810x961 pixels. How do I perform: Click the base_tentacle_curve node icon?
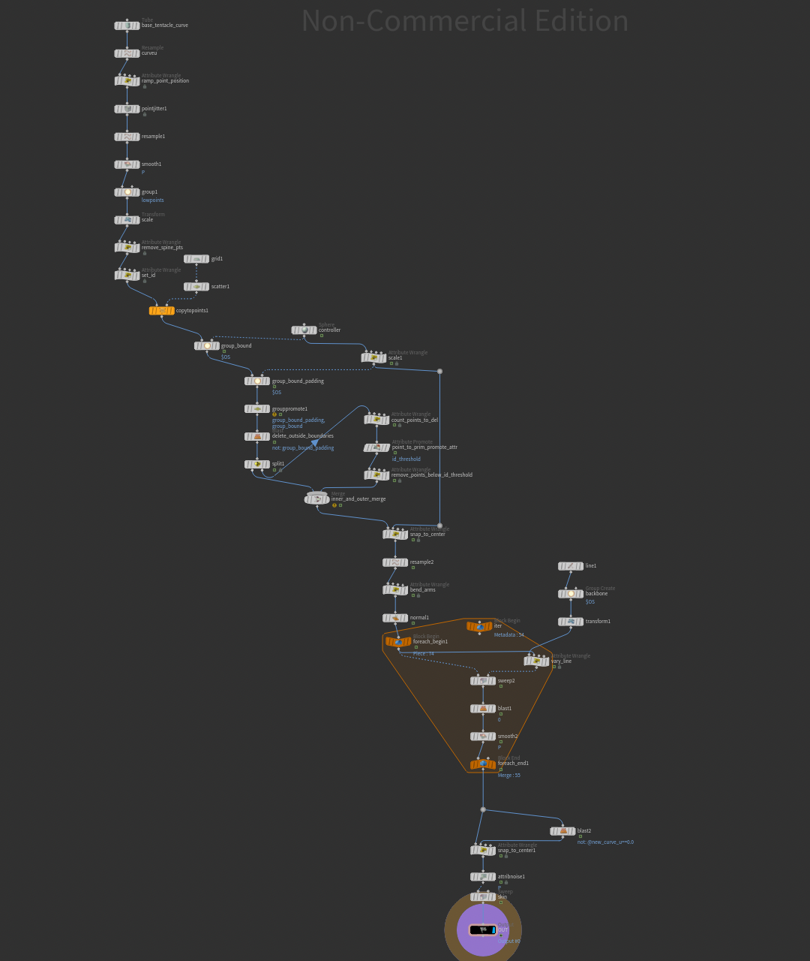click(127, 26)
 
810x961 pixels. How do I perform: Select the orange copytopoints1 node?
click(161, 311)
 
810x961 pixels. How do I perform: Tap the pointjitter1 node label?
click(154, 109)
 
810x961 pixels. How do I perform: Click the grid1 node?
click(196, 259)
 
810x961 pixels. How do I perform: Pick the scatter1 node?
click(196, 287)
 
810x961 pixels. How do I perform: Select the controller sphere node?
click(304, 330)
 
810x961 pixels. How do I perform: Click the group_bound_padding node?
click(257, 381)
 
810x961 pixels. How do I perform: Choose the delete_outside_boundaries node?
click(257, 437)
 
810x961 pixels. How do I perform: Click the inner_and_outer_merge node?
click(317, 499)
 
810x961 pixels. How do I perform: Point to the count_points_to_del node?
click(376, 420)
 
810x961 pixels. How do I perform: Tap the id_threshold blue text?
click(406, 459)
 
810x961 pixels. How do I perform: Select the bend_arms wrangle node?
click(395, 590)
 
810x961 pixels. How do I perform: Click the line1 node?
click(571, 566)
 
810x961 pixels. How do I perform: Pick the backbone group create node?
click(571, 594)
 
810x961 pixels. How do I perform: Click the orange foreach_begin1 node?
click(398, 642)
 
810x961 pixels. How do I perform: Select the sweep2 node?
click(483, 681)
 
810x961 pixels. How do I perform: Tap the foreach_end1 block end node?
click(483, 764)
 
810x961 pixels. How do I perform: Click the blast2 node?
click(562, 831)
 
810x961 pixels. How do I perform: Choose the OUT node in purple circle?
click(483, 930)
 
